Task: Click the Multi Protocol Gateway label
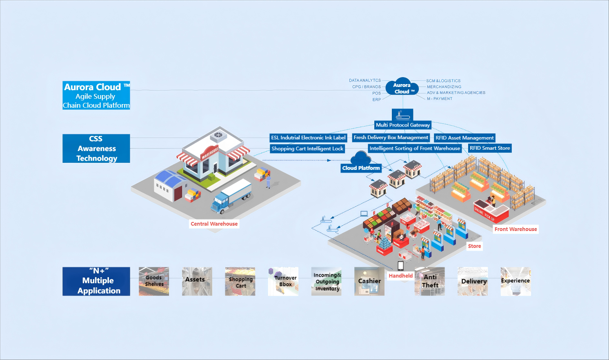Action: tap(403, 125)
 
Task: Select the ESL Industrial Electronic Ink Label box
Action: tap(308, 138)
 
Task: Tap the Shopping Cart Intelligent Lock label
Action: tap(307, 149)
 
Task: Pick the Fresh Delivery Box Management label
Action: tap(391, 138)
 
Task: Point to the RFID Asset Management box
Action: tap(465, 138)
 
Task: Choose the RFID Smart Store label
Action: tap(490, 148)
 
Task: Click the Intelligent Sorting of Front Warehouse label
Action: tap(415, 149)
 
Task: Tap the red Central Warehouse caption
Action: tap(214, 224)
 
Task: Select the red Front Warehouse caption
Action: tap(516, 229)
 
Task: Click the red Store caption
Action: tap(474, 246)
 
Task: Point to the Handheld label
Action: tap(400, 276)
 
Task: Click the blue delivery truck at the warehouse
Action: tap(231, 196)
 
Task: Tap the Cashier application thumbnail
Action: tap(369, 281)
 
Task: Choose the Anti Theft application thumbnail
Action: tap(430, 281)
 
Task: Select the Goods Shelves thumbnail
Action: tap(154, 281)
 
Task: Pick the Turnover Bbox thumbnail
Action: tap(283, 281)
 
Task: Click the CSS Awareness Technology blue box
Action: tap(96, 149)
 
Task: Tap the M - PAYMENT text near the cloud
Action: tap(440, 99)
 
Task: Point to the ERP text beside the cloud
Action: tap(376, 100)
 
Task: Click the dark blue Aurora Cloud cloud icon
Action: tap(402, 87)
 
